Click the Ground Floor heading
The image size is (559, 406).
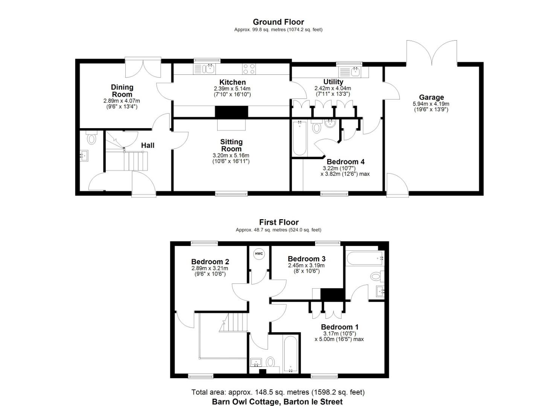click(278, 22)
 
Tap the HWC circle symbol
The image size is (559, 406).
click(259, 254)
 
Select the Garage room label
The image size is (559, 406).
click(431, 97)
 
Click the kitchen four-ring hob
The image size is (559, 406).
click(248, 69)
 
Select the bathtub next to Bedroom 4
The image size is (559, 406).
click(300, 138)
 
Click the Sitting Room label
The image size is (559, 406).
click(231, 145)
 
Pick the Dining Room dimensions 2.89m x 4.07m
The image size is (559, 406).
click(122, 101)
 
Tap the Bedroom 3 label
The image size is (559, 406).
click(306, 259)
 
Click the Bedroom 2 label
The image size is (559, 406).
click(210, 262)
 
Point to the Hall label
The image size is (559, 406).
click(148, 145)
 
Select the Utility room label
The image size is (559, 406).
click(333, 82)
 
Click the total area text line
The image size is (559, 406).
click(278, 392)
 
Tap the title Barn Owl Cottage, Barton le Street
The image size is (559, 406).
click(277, 401)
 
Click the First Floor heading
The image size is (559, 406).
click(279, 222)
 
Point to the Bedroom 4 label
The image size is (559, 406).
click(346, 162)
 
